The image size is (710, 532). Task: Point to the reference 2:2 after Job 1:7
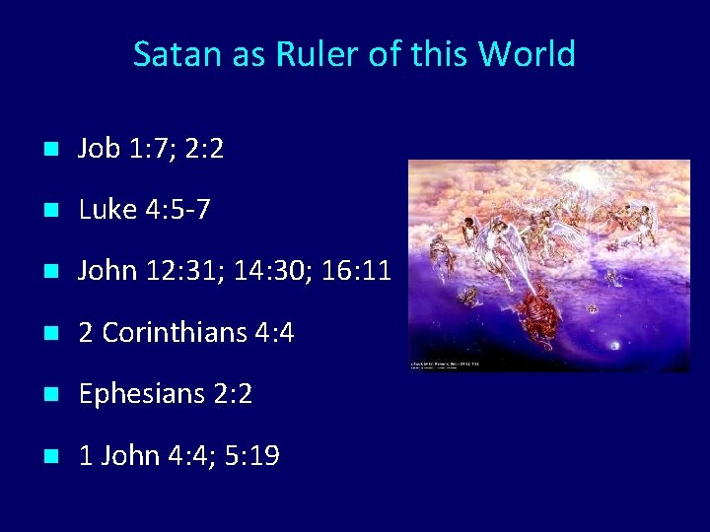point(204,149)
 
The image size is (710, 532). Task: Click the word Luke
point(107,210)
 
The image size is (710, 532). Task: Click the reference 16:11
point(358,271)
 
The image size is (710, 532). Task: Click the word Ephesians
point(141,394)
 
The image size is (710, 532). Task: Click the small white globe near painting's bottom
point(617,345)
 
